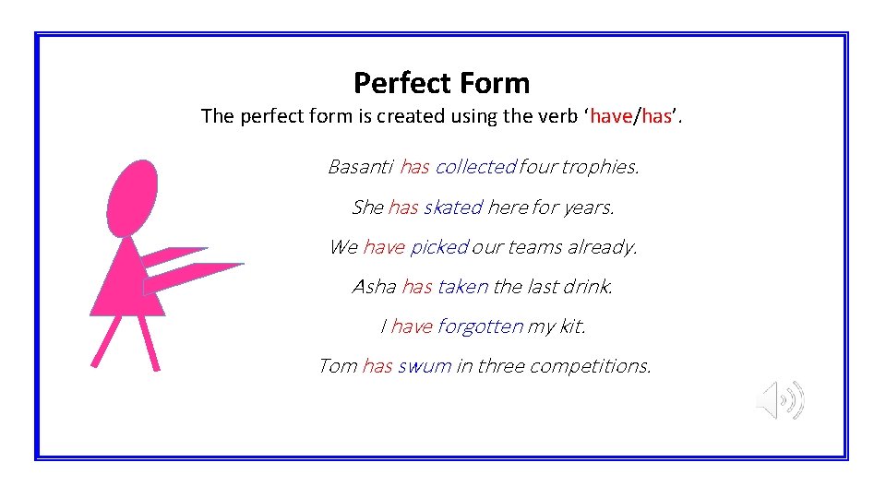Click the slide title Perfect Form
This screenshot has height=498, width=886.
pyautogui.click(x=441, y=83)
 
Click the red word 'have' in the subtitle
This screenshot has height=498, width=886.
pyautogui.click(x=610, y=116)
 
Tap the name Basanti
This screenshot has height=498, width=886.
pyautogui.click(x=361, y=167)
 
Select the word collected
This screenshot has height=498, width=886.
pyautogui.click(x=475, y=167)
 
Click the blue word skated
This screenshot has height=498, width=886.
pyautogui.click(x=452, y=207)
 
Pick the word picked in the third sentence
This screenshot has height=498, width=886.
pyautogui.click(x=439, y=247)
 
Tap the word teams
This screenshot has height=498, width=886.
pyautogui.click(x=539, y=247)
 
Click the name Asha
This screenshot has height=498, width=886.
pyautogui.click(x=374, y=287)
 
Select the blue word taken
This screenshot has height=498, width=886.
pyautogui.click(x=462, y=287)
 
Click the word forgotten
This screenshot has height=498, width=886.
pyautogui.click(x=480, y=326)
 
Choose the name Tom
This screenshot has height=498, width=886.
pyautogui.click(x=337, y=366)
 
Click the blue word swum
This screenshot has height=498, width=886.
pyautogui.click(x=425, y=366)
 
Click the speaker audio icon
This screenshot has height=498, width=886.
pyautogui.click(x=780, y=400)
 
